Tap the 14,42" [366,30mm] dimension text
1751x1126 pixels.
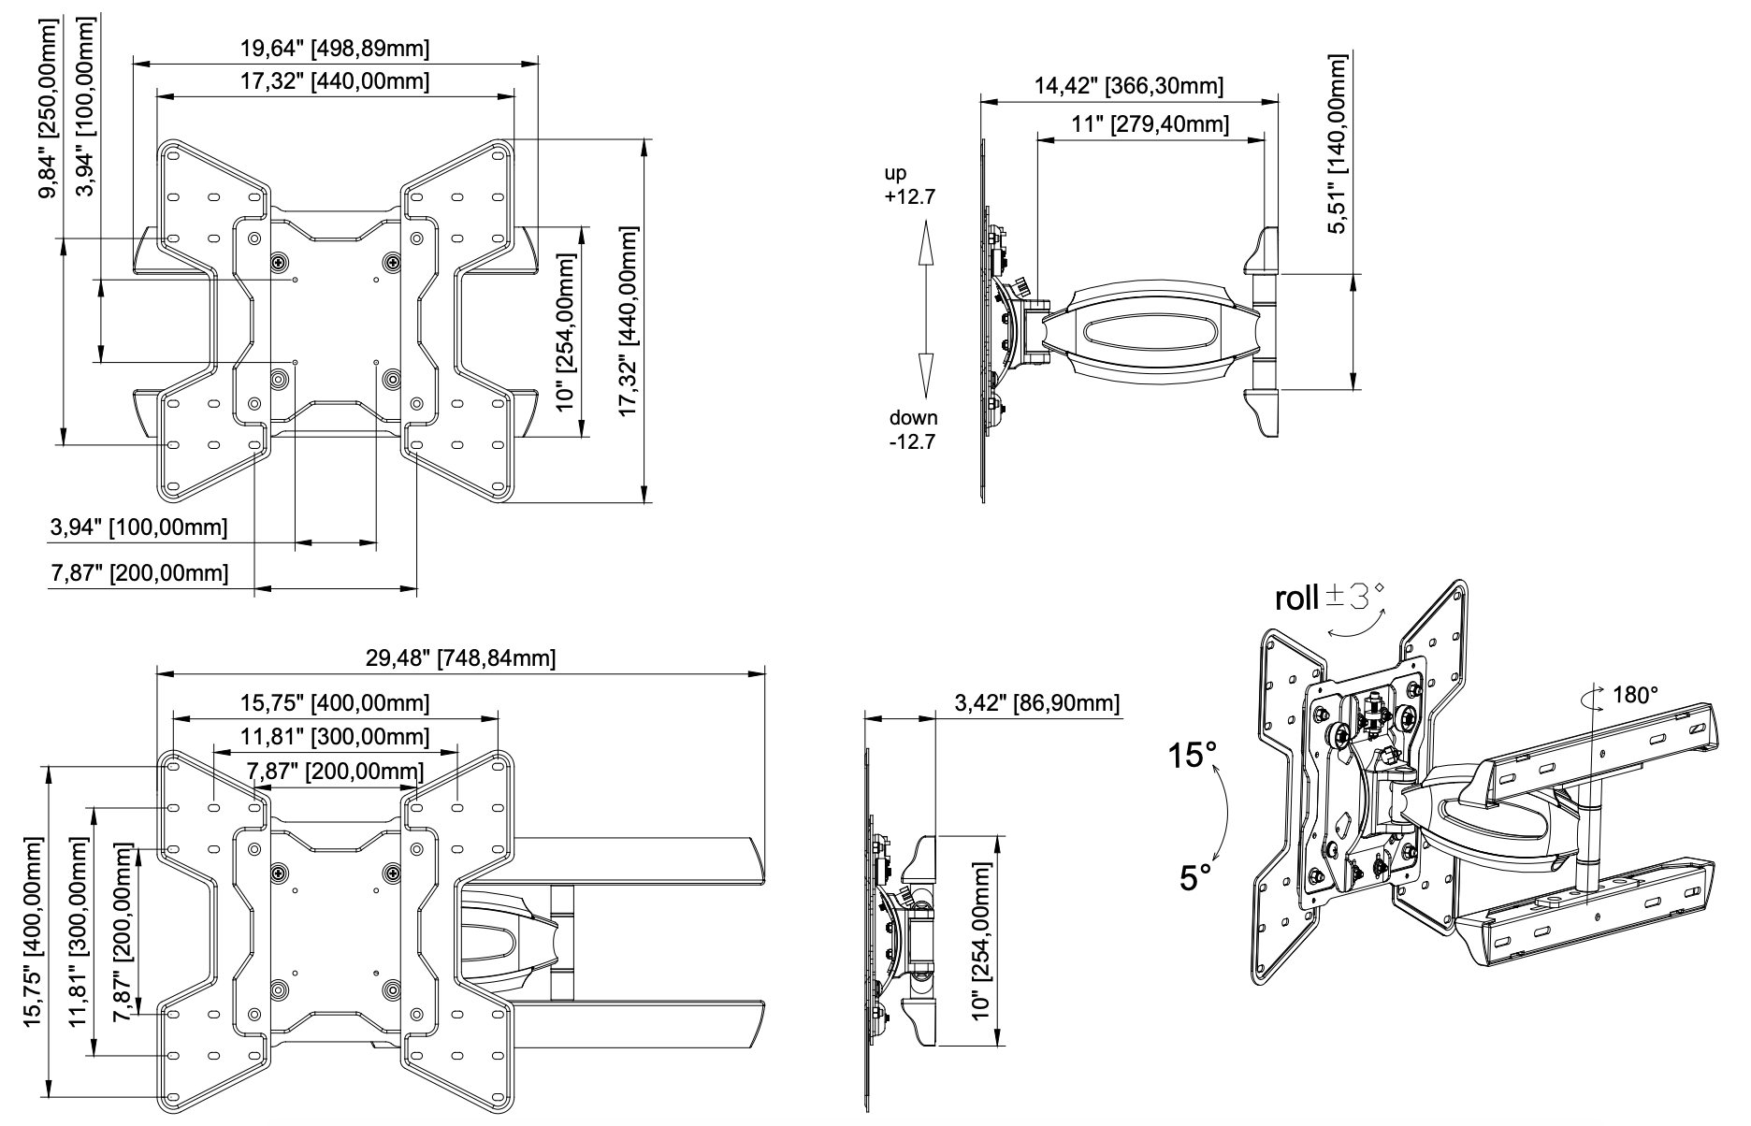click(x=1128, y=86)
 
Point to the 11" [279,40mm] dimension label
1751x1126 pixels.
click(x=1150, y=124)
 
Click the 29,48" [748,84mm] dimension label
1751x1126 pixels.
click(x=460, y=658)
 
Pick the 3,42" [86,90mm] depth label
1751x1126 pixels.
click(x=1036, y=703)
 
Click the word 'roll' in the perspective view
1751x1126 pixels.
click(x=1296, y=599)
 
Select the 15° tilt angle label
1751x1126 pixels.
click(x=1194, y=755)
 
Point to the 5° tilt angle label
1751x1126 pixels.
click(x=1195, y=878)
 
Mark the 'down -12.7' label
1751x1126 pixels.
click(x=912, y=430)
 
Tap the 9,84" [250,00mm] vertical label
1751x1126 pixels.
click(x=46, y=112)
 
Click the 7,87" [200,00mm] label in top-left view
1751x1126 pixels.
click(x=138, y=572)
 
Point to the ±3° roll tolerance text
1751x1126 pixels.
click(x=1356, y=595)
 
